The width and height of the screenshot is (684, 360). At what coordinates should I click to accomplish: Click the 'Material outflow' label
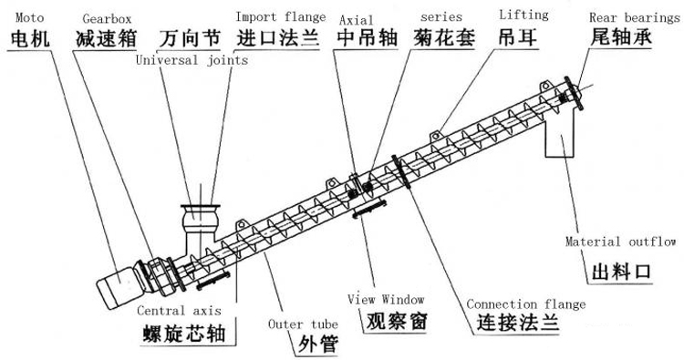(x=620, y=242)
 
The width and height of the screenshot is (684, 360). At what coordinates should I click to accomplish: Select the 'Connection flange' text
(x=525, y=303)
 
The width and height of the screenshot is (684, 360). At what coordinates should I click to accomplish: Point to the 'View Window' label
(x=382, y=298)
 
